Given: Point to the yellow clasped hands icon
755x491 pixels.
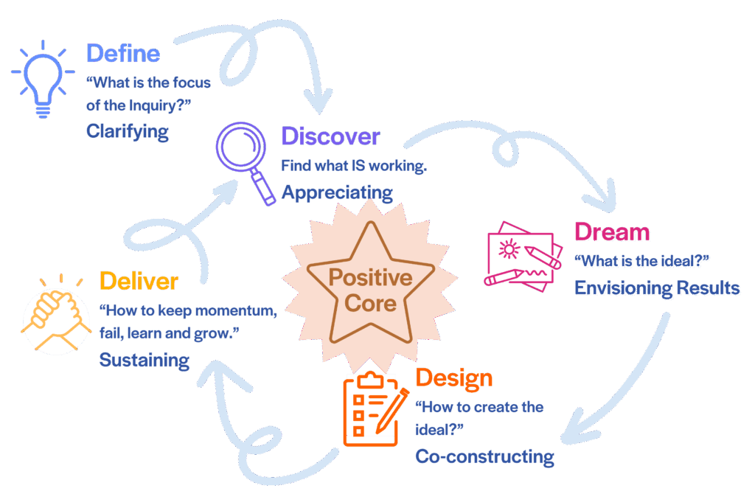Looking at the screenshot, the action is [56, 313].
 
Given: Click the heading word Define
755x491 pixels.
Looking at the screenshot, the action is [123, 53].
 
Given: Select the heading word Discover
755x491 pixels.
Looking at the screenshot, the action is [331, 136].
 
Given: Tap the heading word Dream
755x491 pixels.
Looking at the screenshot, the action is [612, 232].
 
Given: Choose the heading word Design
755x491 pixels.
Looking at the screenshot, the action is [454, 378].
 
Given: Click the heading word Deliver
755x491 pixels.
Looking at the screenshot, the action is [139, 281].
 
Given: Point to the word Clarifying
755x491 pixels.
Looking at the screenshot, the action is [128, 131].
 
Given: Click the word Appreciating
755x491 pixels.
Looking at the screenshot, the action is [337, 192].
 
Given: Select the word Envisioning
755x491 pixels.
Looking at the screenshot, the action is [623, 288].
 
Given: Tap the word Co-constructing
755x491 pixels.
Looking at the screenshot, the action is [485, 457].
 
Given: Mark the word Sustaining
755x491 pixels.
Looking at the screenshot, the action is [145, 361].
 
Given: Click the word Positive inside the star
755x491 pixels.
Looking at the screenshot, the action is [370, 278].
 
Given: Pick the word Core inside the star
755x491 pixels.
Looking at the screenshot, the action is [370, 304].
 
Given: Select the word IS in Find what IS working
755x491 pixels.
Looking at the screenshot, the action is [359, 166].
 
